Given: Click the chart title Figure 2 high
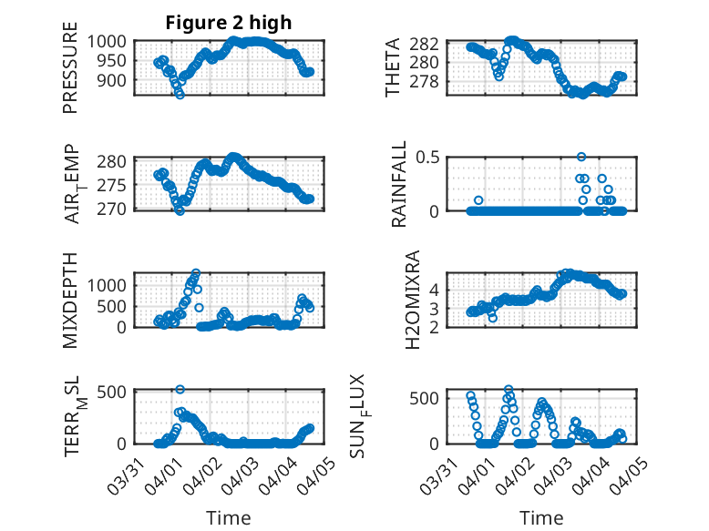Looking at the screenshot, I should [x=228, y=23].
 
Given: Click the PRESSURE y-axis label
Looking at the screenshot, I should [x=70, y=75].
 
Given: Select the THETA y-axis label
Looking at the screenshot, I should [x=393, y=67].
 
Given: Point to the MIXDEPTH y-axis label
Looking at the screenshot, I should [x=70, y=300].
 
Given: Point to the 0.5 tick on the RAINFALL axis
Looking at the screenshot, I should [x=429, y=158].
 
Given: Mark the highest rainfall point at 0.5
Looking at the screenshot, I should [x=581, y=157].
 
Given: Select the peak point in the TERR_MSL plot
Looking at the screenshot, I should [x=180, y=389].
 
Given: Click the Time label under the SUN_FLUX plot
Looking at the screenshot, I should [x=541, y=518].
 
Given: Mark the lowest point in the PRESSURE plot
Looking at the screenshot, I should [x=180, y=94].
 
